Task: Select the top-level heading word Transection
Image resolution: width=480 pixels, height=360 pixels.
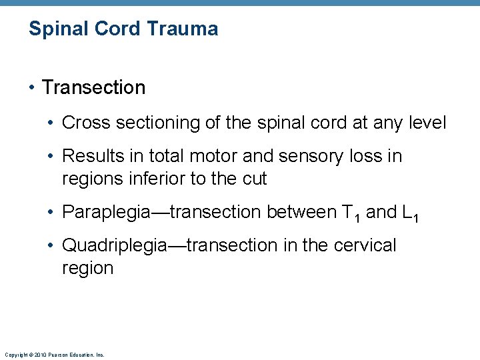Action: click(93, 87)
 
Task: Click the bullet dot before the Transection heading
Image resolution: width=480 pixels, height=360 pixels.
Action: click(33, 88)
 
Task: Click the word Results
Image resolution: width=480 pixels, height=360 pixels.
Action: click(90, 156)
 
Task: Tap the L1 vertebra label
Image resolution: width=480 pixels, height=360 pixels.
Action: click(410, 213)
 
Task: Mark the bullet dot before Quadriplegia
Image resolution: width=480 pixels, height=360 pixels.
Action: click(53, 246)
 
